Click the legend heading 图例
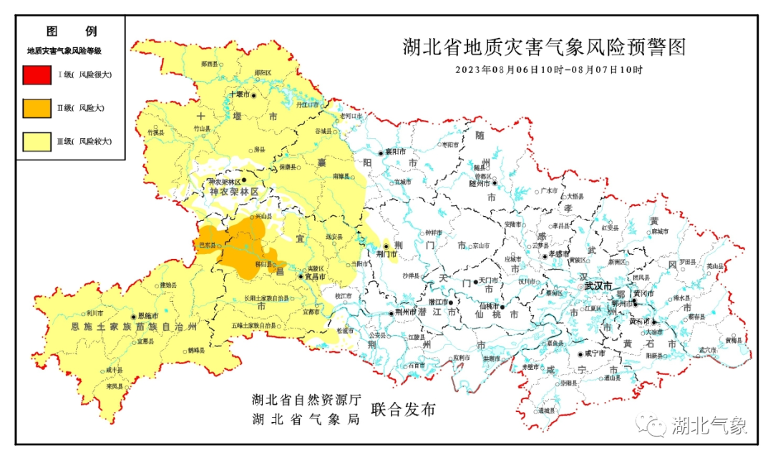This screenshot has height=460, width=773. [71, 31]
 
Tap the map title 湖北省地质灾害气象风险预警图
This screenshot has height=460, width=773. [544, 48]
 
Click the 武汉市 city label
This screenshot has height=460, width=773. [598, 285]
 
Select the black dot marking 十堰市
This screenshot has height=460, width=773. [253, 94]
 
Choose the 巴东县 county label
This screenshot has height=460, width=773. [207, 245]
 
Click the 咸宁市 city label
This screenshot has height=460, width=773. [595, 353]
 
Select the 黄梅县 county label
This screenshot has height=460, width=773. [734, 340]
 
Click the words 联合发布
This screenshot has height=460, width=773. [403, 410]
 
